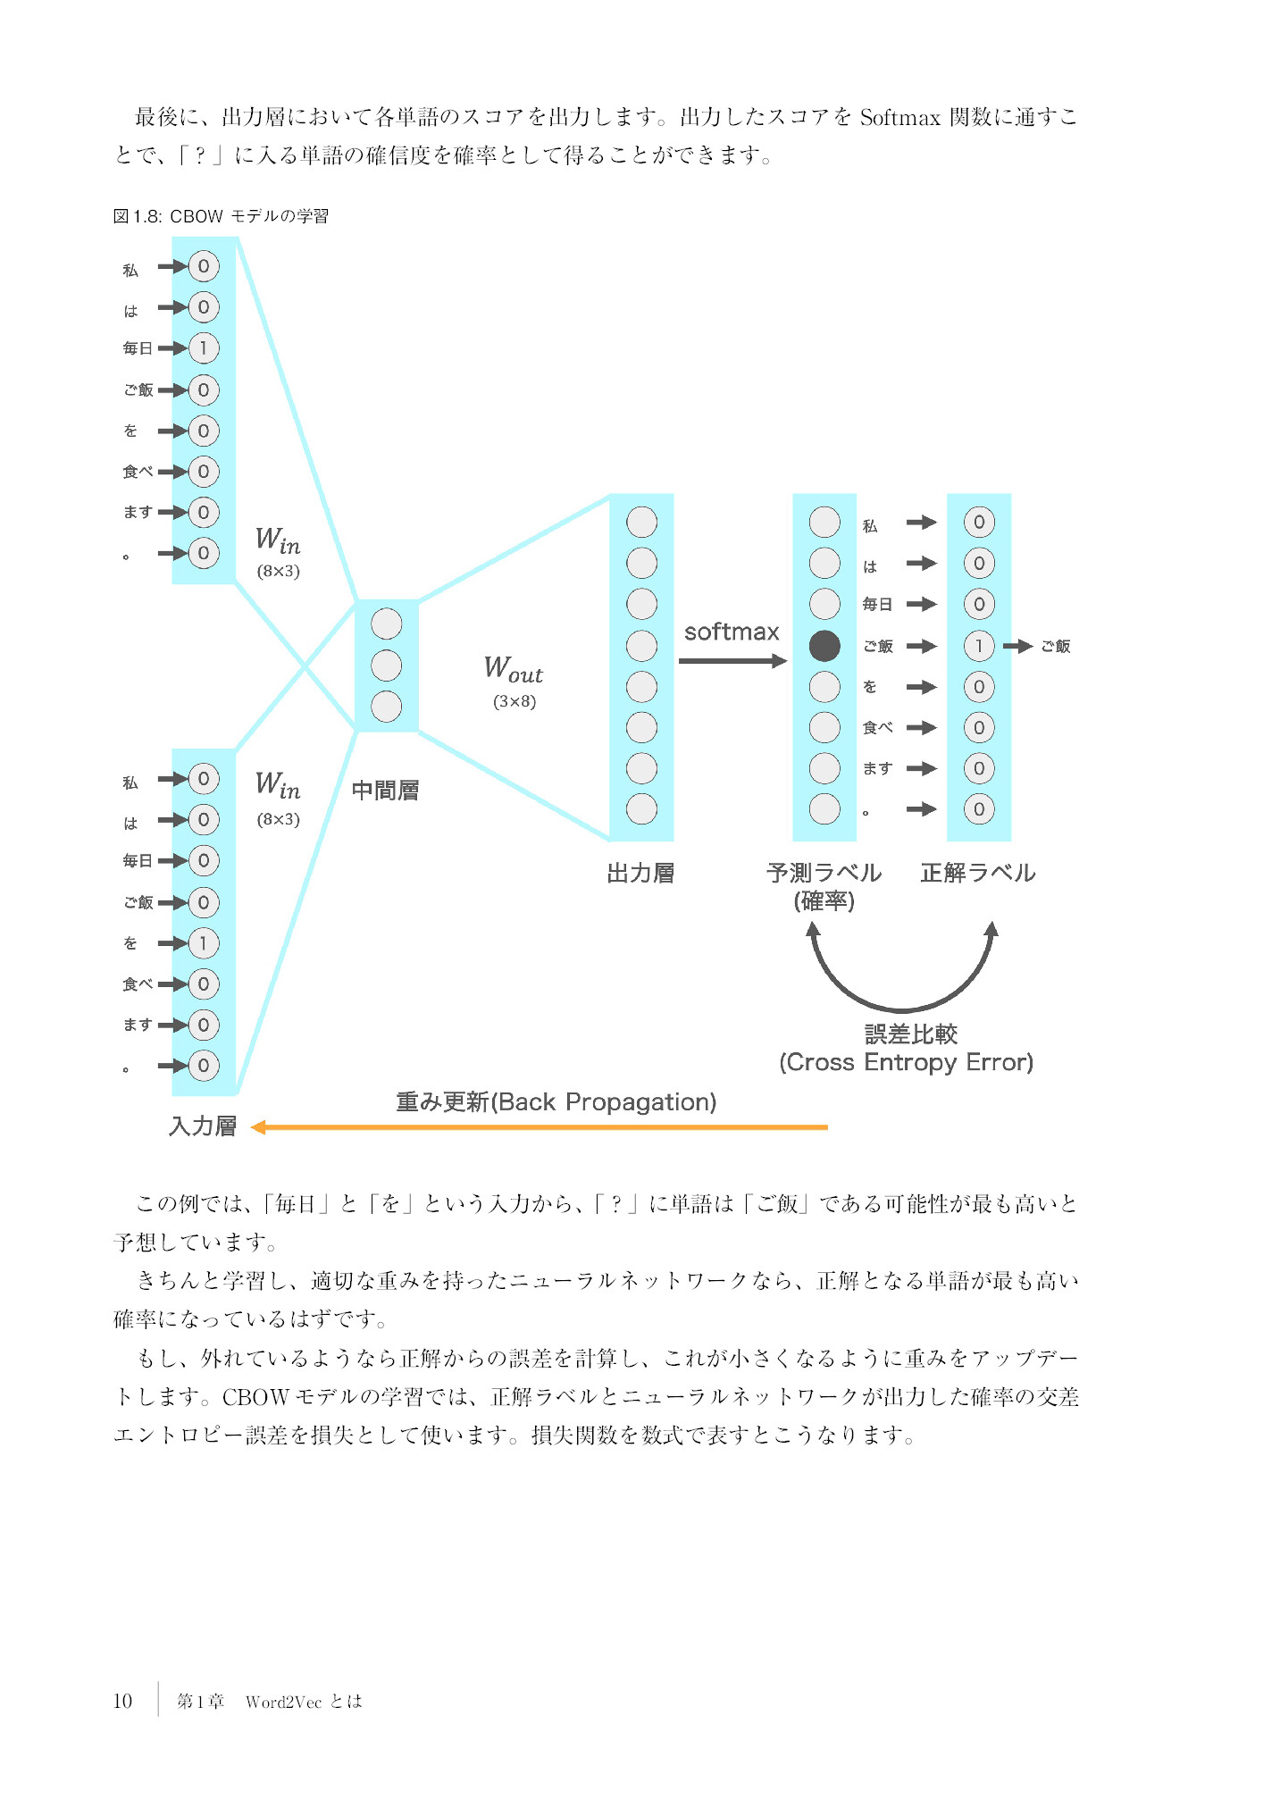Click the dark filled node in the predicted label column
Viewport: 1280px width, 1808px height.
pyautogui.click(x=824, y=646)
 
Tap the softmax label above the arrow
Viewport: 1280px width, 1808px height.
pyautogui.click(x=731, y=632)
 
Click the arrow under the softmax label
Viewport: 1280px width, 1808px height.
pyautogui.click(x=732, y=661)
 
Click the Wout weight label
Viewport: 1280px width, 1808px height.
pyautogui.click(x=513, y=668)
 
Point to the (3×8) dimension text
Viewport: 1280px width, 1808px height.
pyautogui.click(x=515, y=701)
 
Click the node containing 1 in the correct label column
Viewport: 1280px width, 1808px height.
pyautogui.click(x=979, y=646)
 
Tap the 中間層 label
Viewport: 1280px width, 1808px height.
pyautogui.click(x=385, y=791)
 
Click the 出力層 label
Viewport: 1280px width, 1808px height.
pyautogui.click(x=640, y=873)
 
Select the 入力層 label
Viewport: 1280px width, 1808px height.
pyautogui.click(x=203, y=1126)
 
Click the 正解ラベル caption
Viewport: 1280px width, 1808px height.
pyautogui.click(x=978, y=873)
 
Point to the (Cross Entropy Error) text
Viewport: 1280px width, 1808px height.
pyautogui.click(x=906, y=1062)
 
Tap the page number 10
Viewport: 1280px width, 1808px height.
pyautogui.click(x=122, y=1701)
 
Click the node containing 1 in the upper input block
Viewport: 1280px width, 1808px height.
pyautogui.click(x=204, y=348)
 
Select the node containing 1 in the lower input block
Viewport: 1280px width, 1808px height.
pyautogui.click(x=204, y=943)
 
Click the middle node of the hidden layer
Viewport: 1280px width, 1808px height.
pyautogui.click(x=386, y=665)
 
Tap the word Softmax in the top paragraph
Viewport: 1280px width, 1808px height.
pyautogui.click(x=899, y=118)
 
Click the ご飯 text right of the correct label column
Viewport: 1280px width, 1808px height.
pyautogui.click(x=1056, y=646)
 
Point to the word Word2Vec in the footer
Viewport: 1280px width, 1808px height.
pyautogui.click(x=283, y=1702)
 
